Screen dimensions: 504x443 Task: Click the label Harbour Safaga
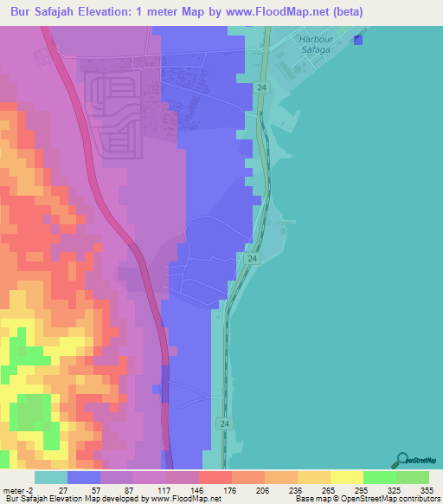pyautogui.click(x=315, y=45)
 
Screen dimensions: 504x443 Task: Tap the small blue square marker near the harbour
pyautogui.click(x=359, y=39)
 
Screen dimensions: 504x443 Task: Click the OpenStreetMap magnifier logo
pyautogui.click(x=401, y=459)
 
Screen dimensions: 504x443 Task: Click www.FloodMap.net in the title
pyautogui.click(x=274, y=11)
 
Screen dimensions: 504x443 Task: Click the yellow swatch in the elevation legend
pyautogui.click(x=346, y=478)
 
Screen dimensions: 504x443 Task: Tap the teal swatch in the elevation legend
pyautogui.click(x=50, y=478)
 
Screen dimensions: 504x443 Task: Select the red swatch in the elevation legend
pyautogui.click(x=215, y=478)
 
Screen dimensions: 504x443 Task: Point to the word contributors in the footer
pyautogui.click(x=418, y=498)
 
